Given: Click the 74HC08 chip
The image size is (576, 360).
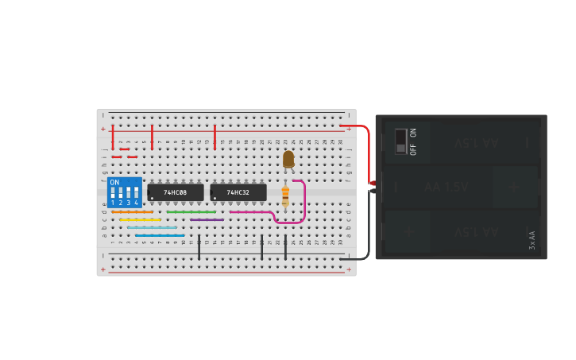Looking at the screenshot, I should tap(175, 192).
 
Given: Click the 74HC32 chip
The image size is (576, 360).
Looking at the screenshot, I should tap(238, 192).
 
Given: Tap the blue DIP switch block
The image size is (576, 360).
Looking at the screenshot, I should tap(125, 192).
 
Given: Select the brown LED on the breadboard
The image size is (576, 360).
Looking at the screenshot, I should tap(288, 159).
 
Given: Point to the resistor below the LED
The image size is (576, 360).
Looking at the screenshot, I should tap(285, 195).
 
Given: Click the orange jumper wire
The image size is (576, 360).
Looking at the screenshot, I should tap(132, 212).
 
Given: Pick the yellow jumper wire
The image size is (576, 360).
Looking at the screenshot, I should tap(140, 219).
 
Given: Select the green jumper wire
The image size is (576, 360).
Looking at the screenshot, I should tap(191, 212).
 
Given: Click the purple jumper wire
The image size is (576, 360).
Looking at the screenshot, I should tap(207, 219).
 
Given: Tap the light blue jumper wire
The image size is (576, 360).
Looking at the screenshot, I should tap(152, 227).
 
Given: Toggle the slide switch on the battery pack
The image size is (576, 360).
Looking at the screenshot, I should tap(400, 141).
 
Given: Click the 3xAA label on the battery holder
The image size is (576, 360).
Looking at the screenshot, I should tap(532, 240).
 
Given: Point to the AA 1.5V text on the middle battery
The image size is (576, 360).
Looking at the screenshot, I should tap(446, 187).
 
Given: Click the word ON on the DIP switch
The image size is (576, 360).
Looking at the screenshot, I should tap(114, 183).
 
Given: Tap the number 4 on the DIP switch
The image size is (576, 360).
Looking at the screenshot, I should tap(136, 203).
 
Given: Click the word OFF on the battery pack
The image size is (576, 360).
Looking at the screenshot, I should tap(413, 149).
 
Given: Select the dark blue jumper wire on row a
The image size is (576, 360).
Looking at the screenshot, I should tap(159, 235).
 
